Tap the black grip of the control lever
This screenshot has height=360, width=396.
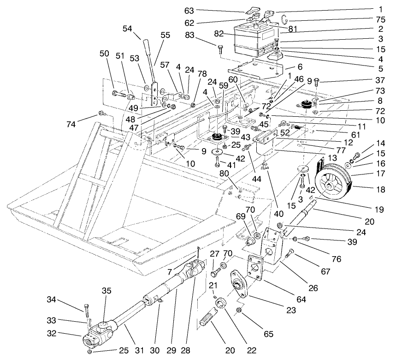pyautogui.click(x=148, y=48)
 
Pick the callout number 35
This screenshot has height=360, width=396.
pyautogui.click(x=106, y=291)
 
